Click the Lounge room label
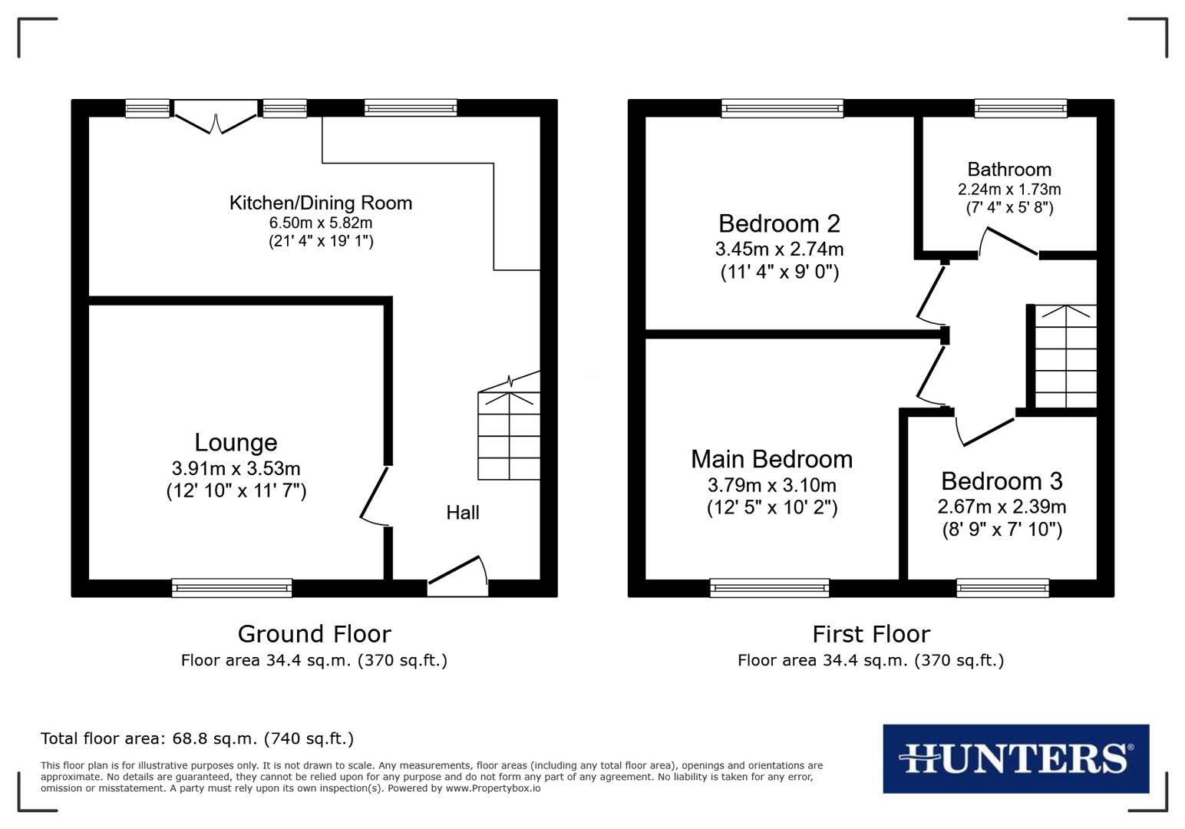tap(236, 443)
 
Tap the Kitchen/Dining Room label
tap(321, 203)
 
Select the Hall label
tap(463, 513)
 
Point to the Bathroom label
tap(1009, 170)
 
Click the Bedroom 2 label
tap(779, 224)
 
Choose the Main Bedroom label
tap(771, 459)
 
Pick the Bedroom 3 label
tap(1002, 481)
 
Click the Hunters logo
tap(1015, 758)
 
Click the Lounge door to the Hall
tap(376, 496)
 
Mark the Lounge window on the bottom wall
tap(232, 588)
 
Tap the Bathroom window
tap(1020, 108)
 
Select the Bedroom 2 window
tap(782, 108)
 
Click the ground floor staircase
tap(509, 435)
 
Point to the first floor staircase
tap(1066, 357)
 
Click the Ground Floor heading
tap(314, 634)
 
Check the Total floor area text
tap(197, 739)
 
